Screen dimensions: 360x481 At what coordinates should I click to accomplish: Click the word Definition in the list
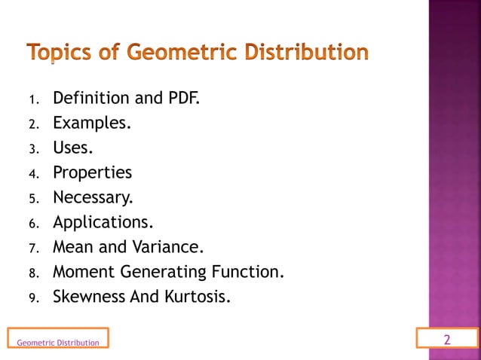(x=86, y=98)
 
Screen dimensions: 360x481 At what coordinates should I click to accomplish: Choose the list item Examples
(x=91, y=123)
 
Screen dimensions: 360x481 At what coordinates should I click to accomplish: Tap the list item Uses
(x=73, y=148)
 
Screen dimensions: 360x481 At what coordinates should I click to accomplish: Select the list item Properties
(x=92, y=172)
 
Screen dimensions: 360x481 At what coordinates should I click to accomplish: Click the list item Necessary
(x=92, y=197)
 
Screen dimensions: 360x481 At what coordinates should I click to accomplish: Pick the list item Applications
(x=103, y=222)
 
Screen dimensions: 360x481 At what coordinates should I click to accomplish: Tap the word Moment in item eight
(x=79, y=271)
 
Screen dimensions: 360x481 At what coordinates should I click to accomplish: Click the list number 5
(x=33, y=199)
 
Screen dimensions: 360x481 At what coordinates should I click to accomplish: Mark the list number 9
(x=33, y=297)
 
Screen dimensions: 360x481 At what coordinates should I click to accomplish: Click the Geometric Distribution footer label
(x=57, y=343)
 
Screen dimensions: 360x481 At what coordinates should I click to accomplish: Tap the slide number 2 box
(x=447, y=340)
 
